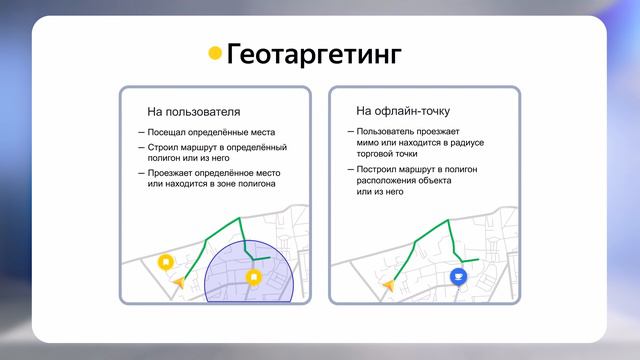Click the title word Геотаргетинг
click(314, 54)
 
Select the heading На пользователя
click(193, 111)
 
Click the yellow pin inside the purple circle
click(254, 277)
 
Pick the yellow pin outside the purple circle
click(166, 262)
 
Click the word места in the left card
click(262, 132)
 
